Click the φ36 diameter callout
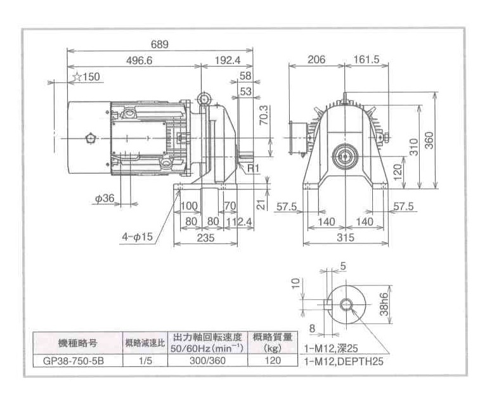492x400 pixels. pyautogui.click(x=105, y=198)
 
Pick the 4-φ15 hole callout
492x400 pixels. pyautogui.click(x=137, y=238)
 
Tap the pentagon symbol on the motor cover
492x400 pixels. pyautogui.click(x=88, y=138)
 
